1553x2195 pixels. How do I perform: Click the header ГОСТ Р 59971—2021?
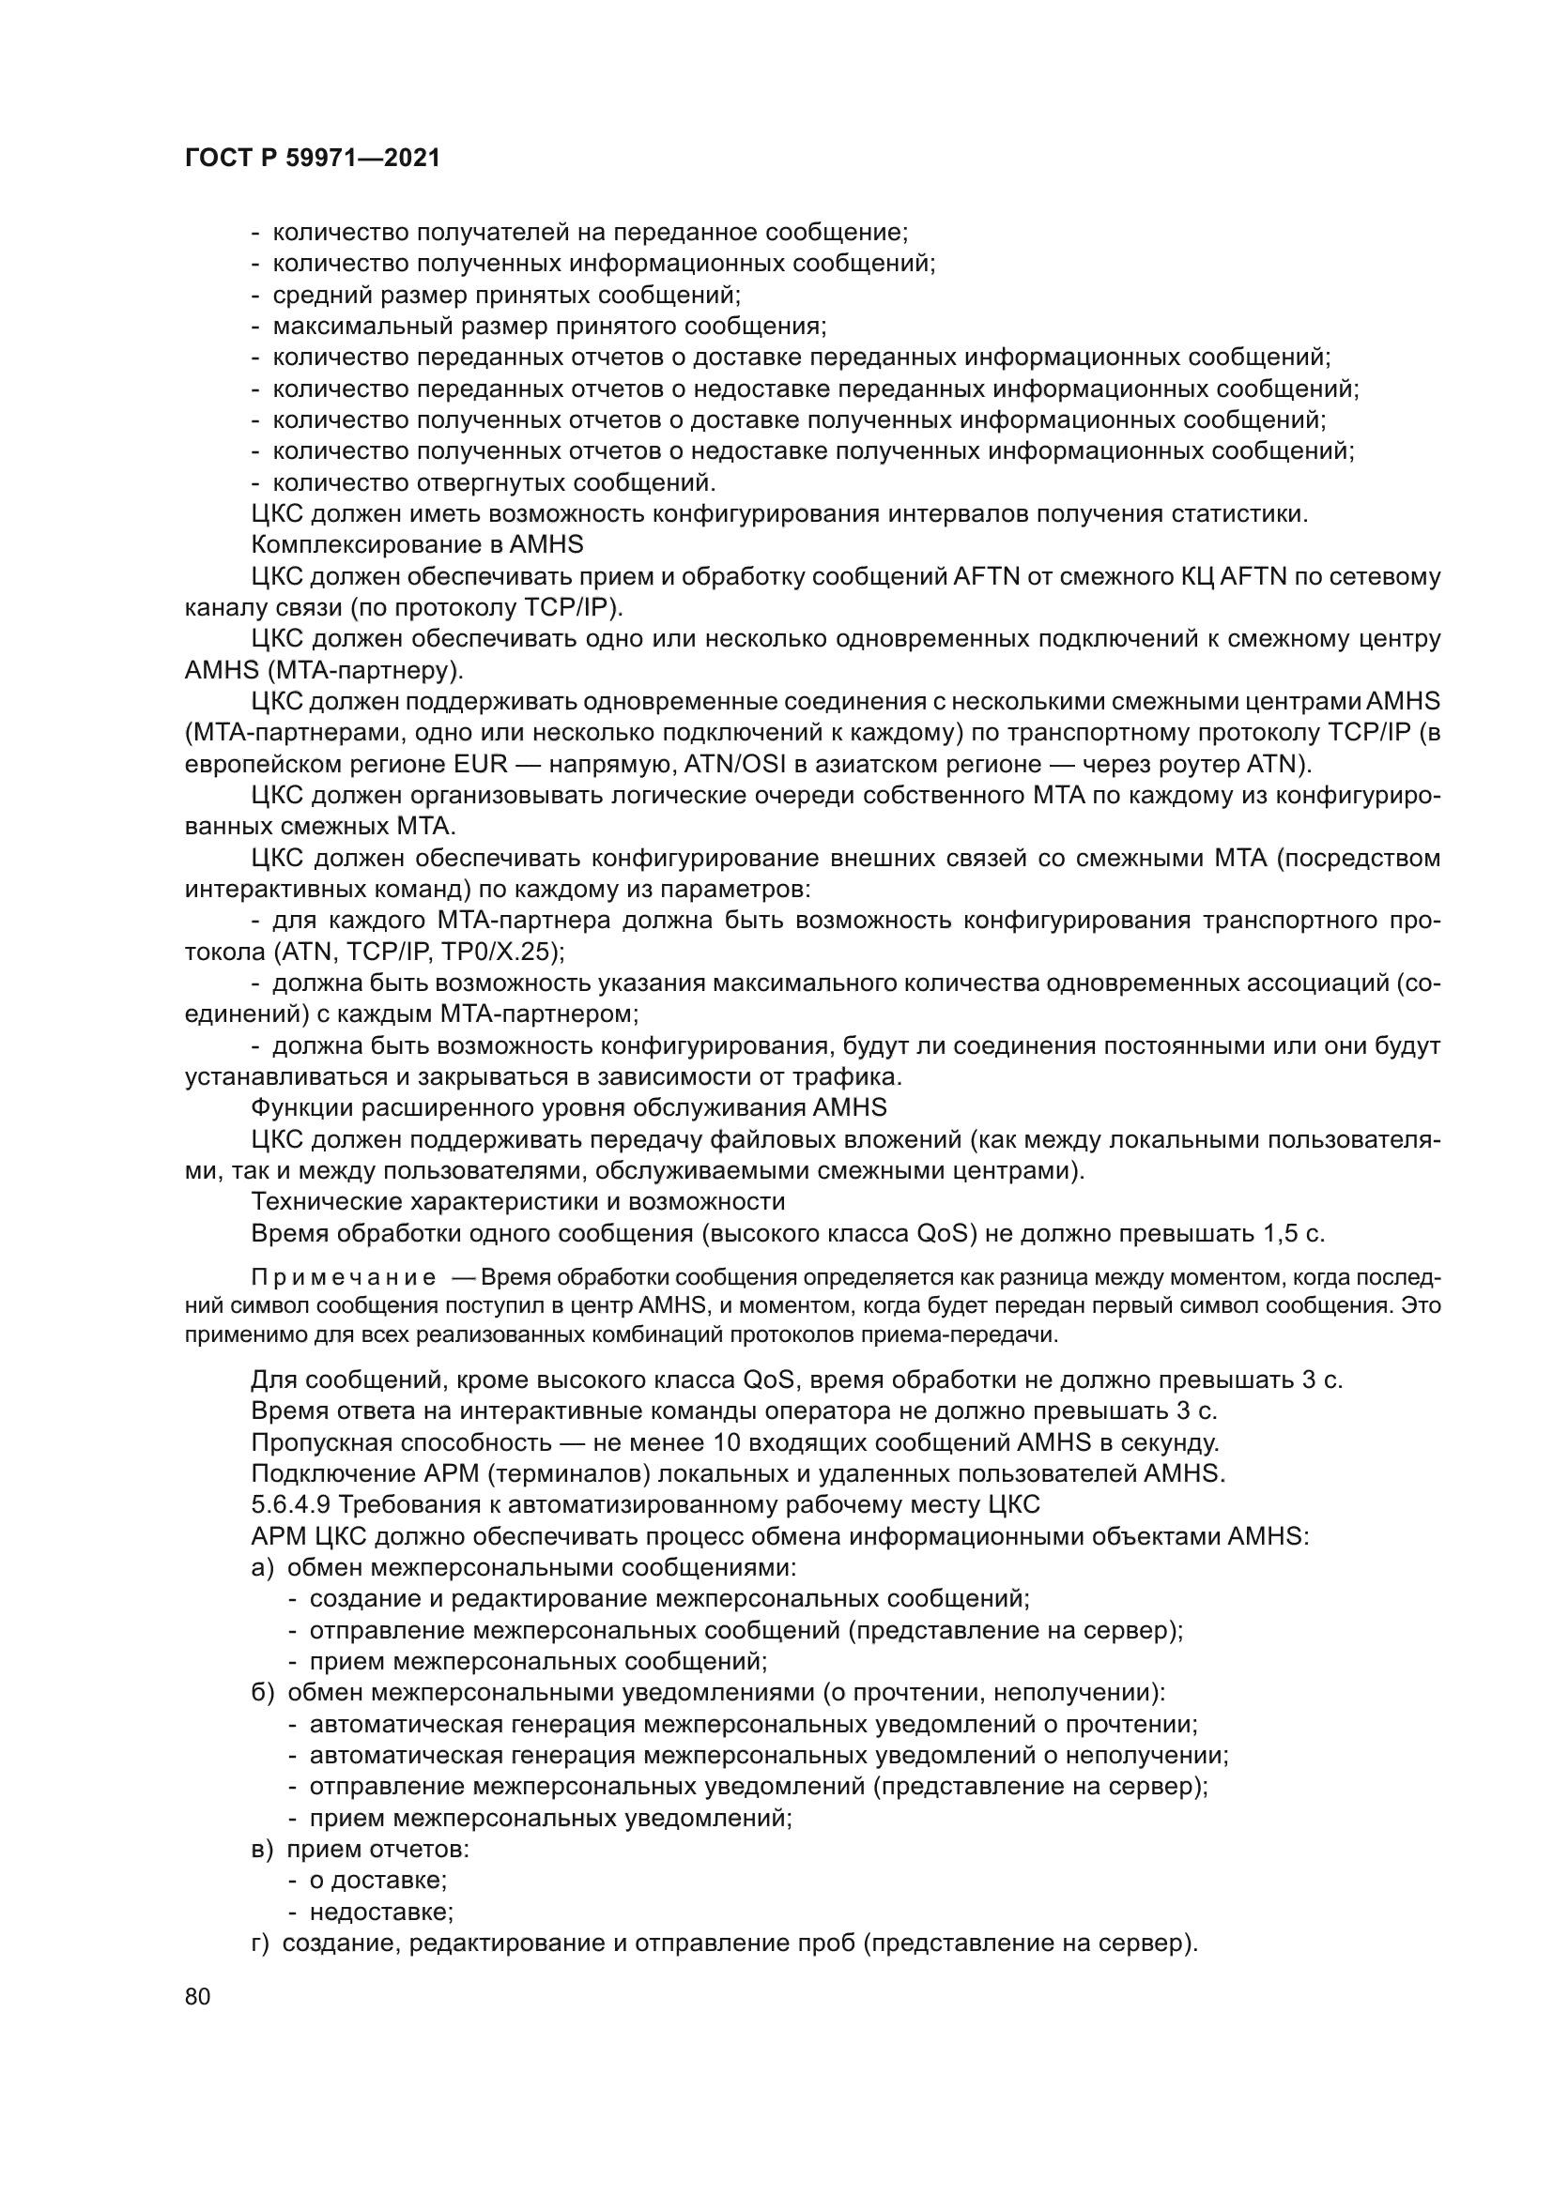pos(313,159)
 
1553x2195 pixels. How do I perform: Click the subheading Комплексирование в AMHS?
pos(417,546)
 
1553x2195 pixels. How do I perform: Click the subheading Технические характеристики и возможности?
pos(517,1203)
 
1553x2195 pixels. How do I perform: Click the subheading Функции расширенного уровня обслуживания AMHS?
pos(568,1109)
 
